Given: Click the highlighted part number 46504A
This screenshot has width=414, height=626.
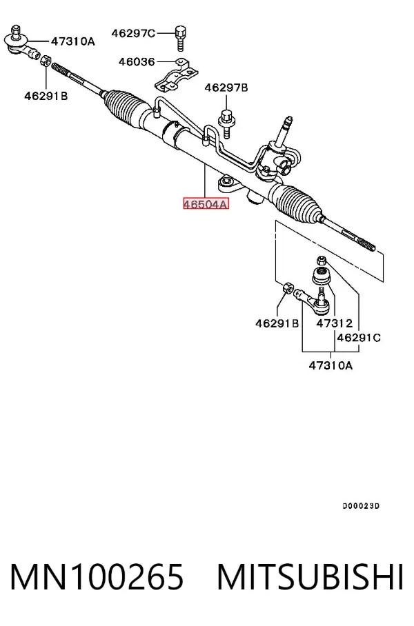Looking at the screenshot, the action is pos(206,204).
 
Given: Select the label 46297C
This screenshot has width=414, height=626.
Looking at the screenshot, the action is pos(132,34).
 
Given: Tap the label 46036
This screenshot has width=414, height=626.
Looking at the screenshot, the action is pos(136,62).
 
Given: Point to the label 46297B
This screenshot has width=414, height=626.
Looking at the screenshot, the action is pos(226,88).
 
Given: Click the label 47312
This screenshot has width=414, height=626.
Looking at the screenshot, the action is pos(335,323).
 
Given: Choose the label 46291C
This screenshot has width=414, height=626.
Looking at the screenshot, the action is pos(359,338).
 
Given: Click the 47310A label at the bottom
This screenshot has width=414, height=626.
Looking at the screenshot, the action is pos(331,365).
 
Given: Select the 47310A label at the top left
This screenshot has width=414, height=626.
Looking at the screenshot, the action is pos(72,41).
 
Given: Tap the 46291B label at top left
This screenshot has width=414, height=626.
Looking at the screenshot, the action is pos(46,96).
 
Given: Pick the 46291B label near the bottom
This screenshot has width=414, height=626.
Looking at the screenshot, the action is pos(277,323).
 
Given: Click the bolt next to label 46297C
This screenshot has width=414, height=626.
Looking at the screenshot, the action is pos(181,39).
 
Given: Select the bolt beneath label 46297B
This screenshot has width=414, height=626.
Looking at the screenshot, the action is pos(226,124).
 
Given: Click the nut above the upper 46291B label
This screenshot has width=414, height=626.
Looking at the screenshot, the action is pos(46,60).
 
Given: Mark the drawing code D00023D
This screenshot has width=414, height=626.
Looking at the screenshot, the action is pos(361,506).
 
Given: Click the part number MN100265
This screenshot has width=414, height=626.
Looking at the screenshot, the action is pos(97,577).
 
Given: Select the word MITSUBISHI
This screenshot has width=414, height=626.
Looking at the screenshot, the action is pos(310,577).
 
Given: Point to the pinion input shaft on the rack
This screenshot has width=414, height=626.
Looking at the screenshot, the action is pos(286,130).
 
